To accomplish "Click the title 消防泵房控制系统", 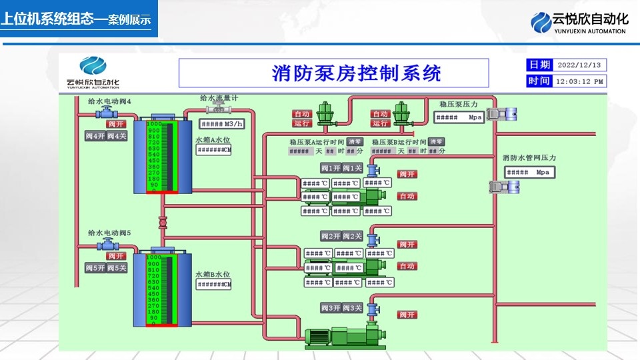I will click(x=357, y=73).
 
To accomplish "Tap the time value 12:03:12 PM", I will click(x=580, y=81).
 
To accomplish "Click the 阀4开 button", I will click(x=95, y=136).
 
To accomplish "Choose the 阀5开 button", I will click(x=95, y=268).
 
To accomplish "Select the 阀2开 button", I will click(x=331, y=236).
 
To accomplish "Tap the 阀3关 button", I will click(x=351, y=308).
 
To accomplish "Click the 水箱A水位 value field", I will click(x=213, y=150).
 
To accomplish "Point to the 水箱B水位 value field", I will click(x=213, y=285).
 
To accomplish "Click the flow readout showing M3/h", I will click(x=223, y=124).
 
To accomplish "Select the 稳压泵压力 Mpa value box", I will click(x=459, y=117).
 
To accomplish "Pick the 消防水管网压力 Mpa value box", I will click(x=529, y=172).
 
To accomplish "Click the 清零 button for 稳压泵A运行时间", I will click(x=354, y=141).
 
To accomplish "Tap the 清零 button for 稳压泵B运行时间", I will click(x=436, y=141).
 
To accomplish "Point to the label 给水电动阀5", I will click(x=109, y=233).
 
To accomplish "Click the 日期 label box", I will click(x=539, y=65).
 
